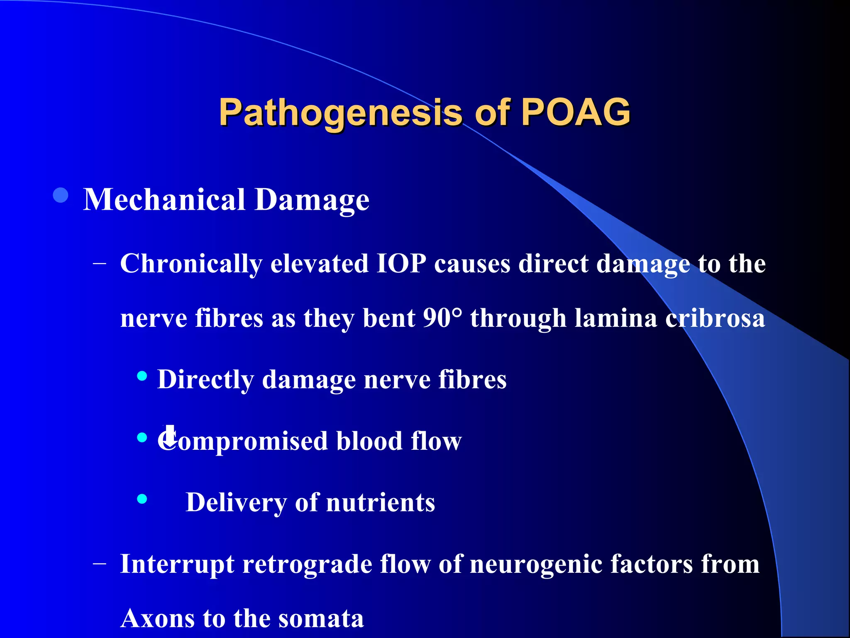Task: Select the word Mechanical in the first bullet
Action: coord(164,200)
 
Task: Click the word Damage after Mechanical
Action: coord(312,201)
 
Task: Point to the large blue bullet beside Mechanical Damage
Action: coord(61,195)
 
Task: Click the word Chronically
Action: coord(191,264)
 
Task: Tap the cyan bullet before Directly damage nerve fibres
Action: coord(142,376)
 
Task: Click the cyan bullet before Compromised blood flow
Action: coord(142,437)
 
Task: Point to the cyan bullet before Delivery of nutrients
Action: coord(142,498)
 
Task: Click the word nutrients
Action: coord(381,503)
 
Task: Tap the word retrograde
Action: coord(307,564)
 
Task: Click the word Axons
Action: coord(157,618)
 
